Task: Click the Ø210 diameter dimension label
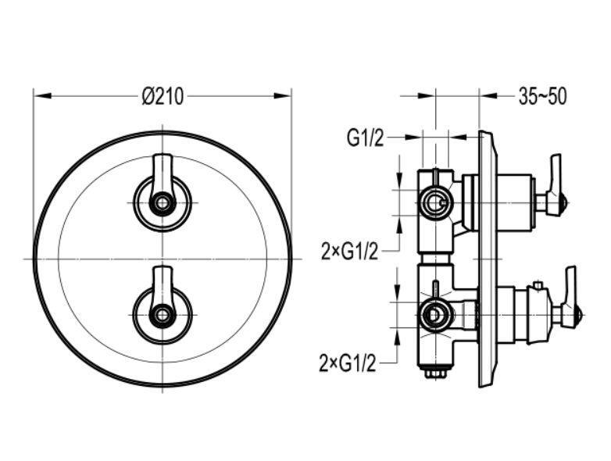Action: click(163, 96)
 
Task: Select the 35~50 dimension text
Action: click(542, 96)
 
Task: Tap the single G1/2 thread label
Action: click(365, 138)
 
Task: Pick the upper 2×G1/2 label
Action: click(349, 252)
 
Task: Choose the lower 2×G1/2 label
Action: click(348, 363)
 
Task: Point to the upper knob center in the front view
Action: click(162, 202)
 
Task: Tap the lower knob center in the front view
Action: click(162, 314)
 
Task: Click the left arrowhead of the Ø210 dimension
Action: click(43, 96)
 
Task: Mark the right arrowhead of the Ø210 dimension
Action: click(282, 96)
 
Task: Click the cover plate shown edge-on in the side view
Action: click(487, 259)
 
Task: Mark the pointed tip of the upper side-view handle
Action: click(569, 203)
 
